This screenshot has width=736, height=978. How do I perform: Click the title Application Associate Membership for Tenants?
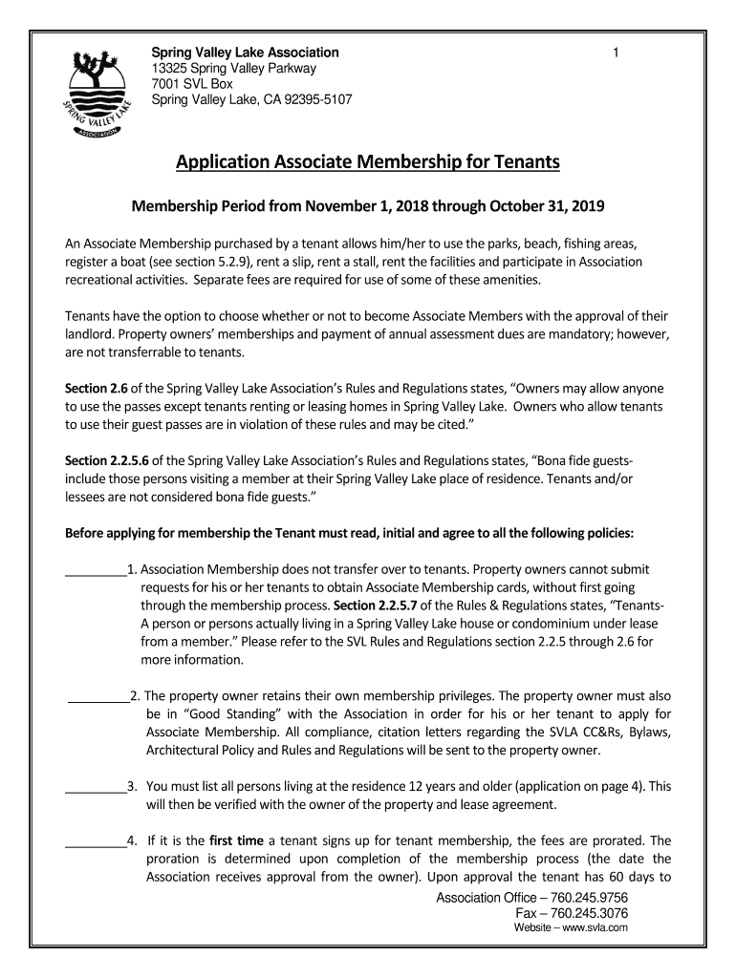[367, 162]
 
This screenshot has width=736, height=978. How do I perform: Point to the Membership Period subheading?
[367, 206]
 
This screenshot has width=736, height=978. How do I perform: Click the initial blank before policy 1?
[95, 574]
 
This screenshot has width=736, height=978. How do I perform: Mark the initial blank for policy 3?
[95, 789]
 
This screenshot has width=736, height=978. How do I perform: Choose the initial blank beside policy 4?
[95, 843]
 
